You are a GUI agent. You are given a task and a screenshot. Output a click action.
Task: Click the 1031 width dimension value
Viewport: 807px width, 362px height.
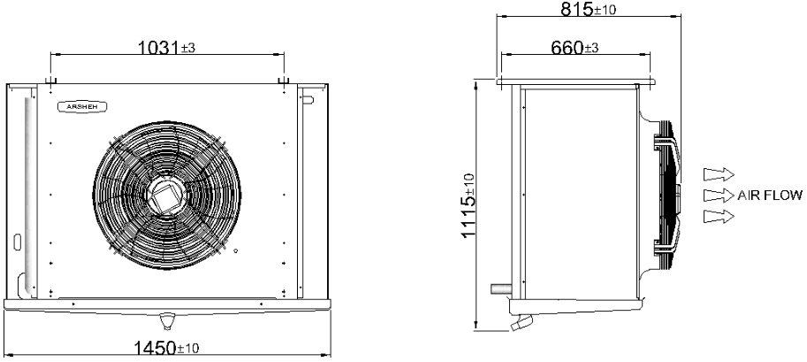[x=159, y=48]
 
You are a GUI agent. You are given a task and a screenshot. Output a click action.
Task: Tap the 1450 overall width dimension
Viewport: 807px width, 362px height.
[x=156, y=348]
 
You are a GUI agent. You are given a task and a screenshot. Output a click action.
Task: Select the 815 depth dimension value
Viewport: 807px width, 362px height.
[x=576, y=9]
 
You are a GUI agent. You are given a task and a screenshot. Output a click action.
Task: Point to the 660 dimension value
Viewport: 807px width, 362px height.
[x=567, y=48]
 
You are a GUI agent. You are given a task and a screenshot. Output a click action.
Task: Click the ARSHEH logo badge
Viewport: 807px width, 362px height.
[x=82, y=107]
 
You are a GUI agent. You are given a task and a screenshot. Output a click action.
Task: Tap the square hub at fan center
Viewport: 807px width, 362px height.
[x=164, y=196]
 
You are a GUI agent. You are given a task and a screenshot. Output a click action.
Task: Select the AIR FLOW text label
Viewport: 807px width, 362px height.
[x=769, y=196]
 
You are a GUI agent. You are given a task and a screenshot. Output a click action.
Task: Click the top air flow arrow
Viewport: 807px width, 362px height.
[x=719, y=174]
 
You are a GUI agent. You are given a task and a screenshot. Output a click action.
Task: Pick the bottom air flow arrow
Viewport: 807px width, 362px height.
[x=719, y=217]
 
